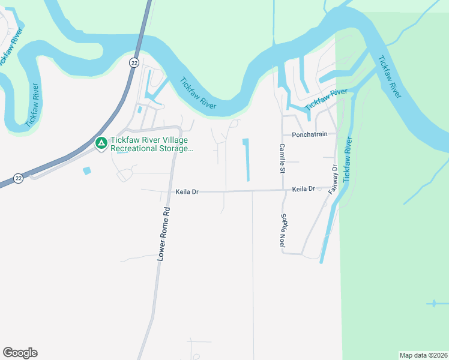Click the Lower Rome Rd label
point(164,233)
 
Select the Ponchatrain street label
point(310,134)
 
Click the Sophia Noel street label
point(282,230)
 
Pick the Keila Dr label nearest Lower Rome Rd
point(187,192)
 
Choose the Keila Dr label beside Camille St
point(303,189)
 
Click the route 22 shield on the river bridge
point(133,62)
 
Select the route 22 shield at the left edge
point(19,178)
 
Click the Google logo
point(20,353)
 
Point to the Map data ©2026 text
point(423,355)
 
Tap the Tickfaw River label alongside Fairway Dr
point(348,160)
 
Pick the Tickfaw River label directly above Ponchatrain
point(326,99)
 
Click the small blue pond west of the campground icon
point(88,170)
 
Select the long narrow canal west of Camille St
point(246,160)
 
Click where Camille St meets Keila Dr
point(283,190)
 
